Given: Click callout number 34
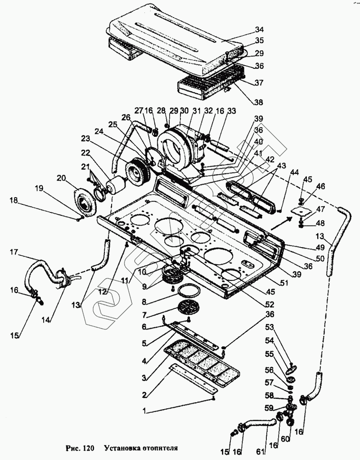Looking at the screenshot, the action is point(259,29).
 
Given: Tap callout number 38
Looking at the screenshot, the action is point(258,102).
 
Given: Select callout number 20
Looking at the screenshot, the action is point(62,178).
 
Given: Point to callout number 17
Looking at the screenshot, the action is point(14,253).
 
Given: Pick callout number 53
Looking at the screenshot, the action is point(270,326).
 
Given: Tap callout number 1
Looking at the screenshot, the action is point(144,411).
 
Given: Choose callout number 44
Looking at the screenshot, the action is point(294,172).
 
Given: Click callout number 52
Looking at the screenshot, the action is point(270,305).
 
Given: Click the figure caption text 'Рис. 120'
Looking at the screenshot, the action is point(80,448).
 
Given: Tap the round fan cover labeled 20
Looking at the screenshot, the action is point(85,203).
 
